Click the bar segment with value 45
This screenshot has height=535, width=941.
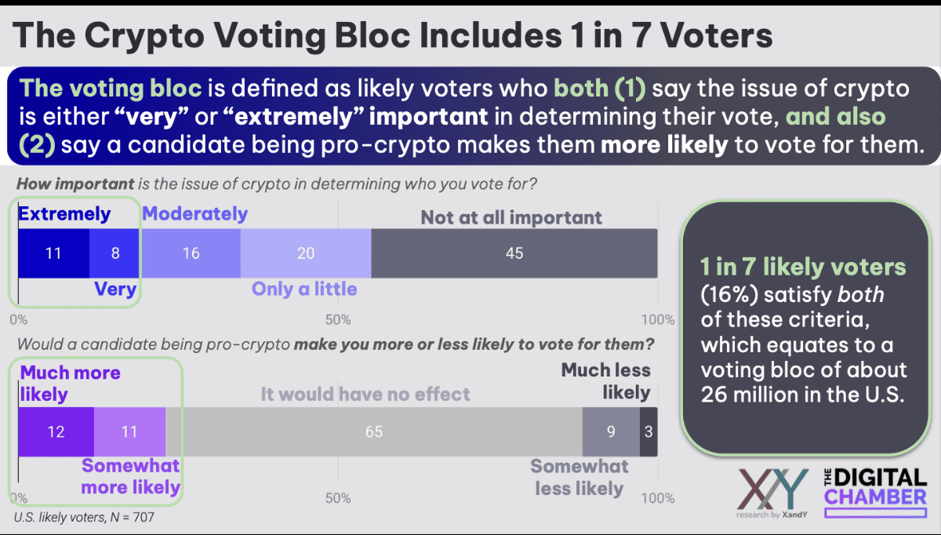point(514,253)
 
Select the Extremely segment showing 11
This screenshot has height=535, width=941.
point(53,253)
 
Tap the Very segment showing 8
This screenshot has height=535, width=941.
point(114,253)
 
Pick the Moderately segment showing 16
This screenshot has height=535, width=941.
point(190,253)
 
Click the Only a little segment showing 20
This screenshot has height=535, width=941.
point(306,253)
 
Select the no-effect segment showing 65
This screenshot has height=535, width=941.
point(373,432)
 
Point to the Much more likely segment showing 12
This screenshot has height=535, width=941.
point(56,432)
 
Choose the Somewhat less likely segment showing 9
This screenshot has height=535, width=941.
point(611,432)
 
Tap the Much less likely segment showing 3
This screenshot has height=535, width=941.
point(649,432)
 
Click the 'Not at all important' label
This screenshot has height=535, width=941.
point(511,217)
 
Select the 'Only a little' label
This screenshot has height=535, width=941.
point(304,289)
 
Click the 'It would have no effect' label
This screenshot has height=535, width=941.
point(365,393)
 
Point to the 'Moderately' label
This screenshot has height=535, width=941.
point(195,213)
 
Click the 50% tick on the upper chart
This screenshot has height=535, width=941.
point(337,319)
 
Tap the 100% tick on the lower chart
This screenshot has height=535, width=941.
point(658,498)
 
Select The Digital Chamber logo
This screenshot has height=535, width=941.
point(874,490)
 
